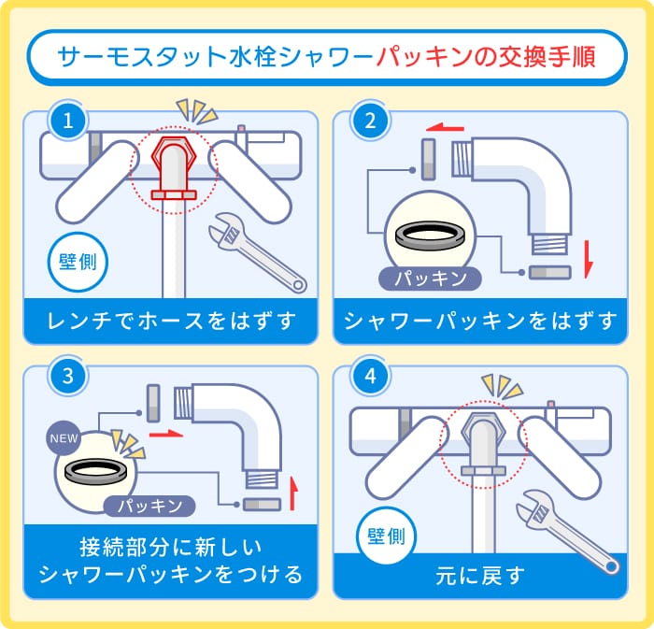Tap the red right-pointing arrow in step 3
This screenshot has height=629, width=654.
(x=163, y=434)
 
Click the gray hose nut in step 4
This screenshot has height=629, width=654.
(x=482, y=432)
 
